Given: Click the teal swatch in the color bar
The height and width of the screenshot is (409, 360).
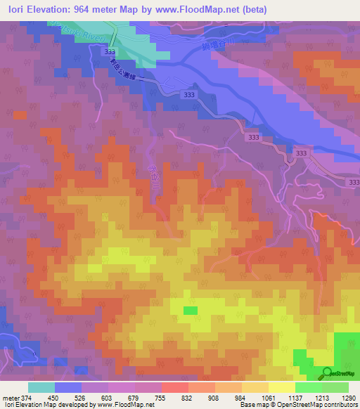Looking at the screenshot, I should click(41, 387).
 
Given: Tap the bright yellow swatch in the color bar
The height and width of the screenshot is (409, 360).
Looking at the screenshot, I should click(282, 387).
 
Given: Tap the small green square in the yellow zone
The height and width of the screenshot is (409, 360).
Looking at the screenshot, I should click(191, 310).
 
